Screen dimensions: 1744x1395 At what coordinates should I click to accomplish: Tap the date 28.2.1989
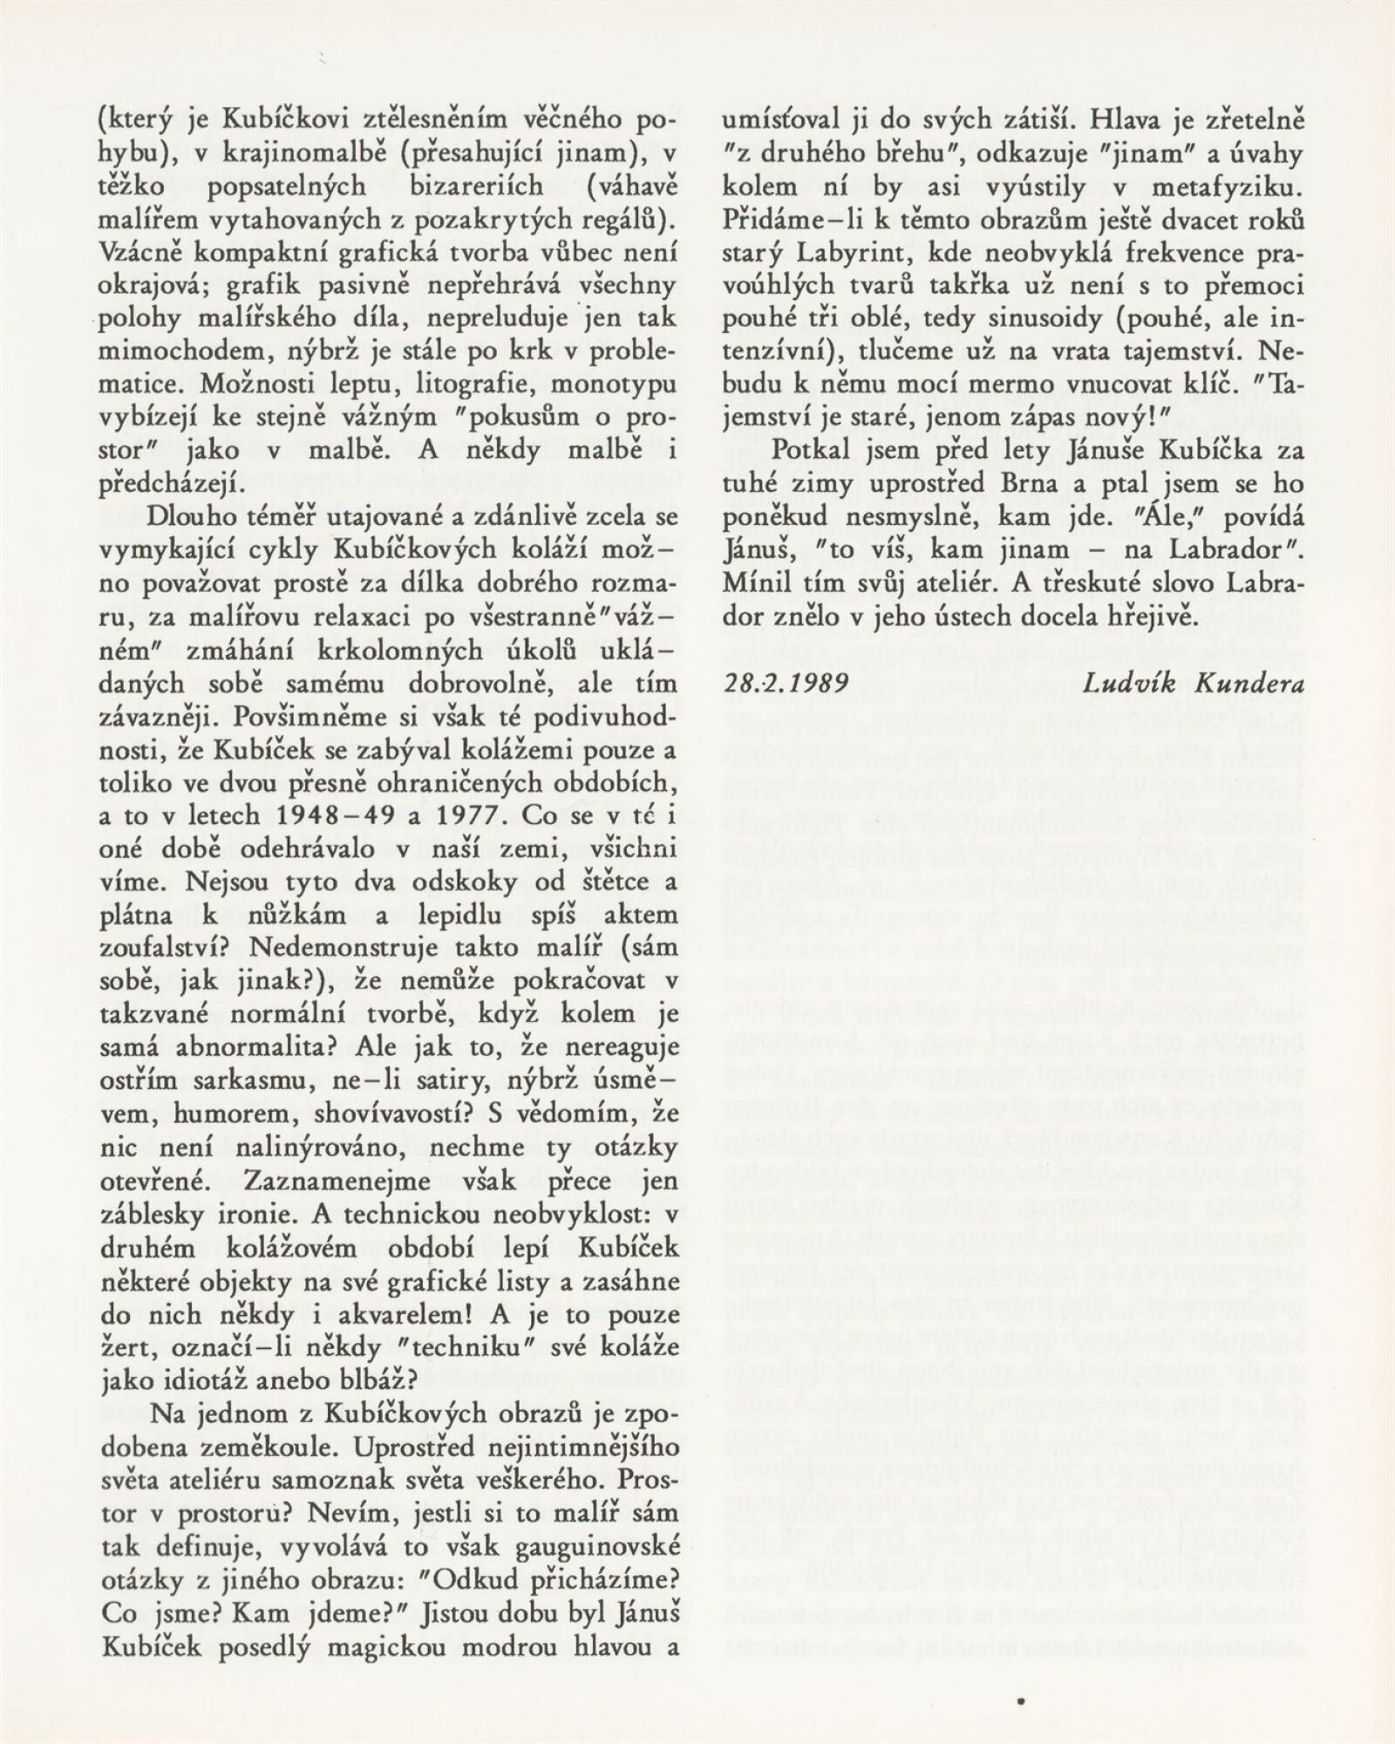pos(786,683)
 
